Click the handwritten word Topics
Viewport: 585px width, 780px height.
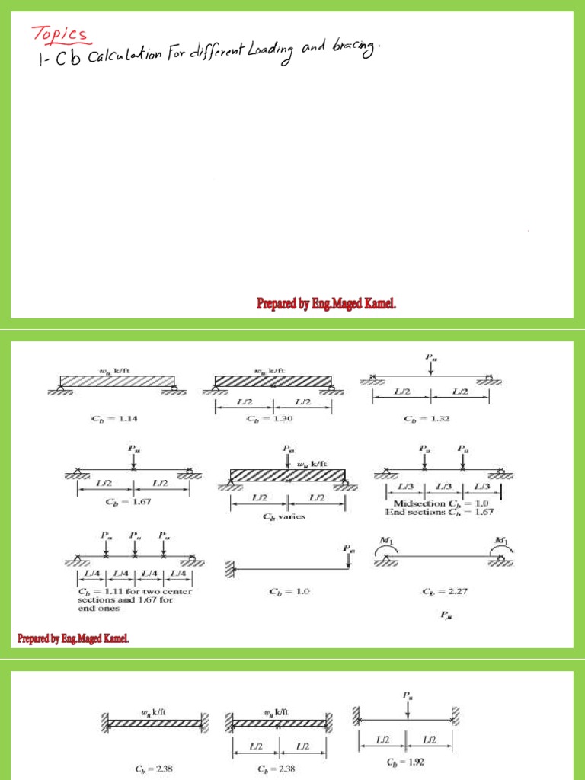(59, 34)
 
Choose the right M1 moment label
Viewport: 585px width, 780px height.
(500, 542)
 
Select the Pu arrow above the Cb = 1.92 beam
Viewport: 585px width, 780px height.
(409, 705)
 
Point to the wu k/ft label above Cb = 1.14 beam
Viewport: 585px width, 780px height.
(110, 372)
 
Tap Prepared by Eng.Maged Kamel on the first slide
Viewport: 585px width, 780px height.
(326, 304)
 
